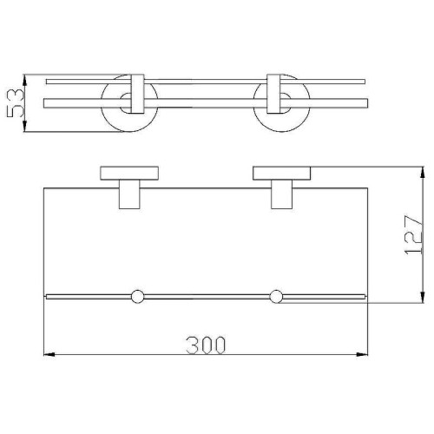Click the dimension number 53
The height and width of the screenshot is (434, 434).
pyautogui.click(x=15, y=103)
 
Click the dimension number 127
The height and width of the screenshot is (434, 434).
pyautogui.click(x=413, y=234)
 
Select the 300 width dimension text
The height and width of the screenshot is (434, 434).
pyautogui.click(x=206, y=345)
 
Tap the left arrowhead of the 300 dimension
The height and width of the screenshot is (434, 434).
pyautogui.click(x=49, y=354)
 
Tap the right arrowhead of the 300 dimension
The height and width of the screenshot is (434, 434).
pyautogui.click(x=362, y=354)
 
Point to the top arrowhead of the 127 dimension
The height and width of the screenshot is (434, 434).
pyautogui.click(x=423, y=173)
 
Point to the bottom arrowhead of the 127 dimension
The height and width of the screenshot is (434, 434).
pyautogui.click(x=423, y=297)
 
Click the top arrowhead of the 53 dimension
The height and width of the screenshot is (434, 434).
pyautogui.click(x=24, y=80)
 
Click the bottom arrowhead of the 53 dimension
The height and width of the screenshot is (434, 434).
pyautogui.click(x=24, y=126)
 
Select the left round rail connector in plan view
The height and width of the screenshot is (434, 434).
pyautogui.click(x=137, y=296)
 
